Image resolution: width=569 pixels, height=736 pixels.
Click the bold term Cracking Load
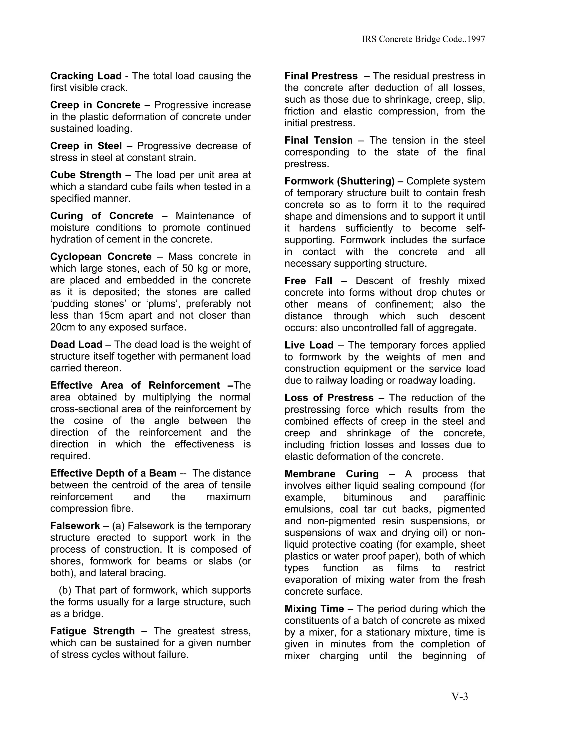86,76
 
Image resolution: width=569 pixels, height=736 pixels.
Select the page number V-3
460,696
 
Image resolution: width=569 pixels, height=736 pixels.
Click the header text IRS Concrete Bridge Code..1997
423,39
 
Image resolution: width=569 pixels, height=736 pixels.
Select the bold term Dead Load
76,344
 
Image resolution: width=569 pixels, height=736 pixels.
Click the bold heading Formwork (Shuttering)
339,181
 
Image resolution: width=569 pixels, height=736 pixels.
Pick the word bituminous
367,497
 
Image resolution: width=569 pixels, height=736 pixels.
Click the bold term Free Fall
308,281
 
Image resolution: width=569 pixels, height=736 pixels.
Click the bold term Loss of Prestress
329,398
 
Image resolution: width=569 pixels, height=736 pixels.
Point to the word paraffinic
464,497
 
